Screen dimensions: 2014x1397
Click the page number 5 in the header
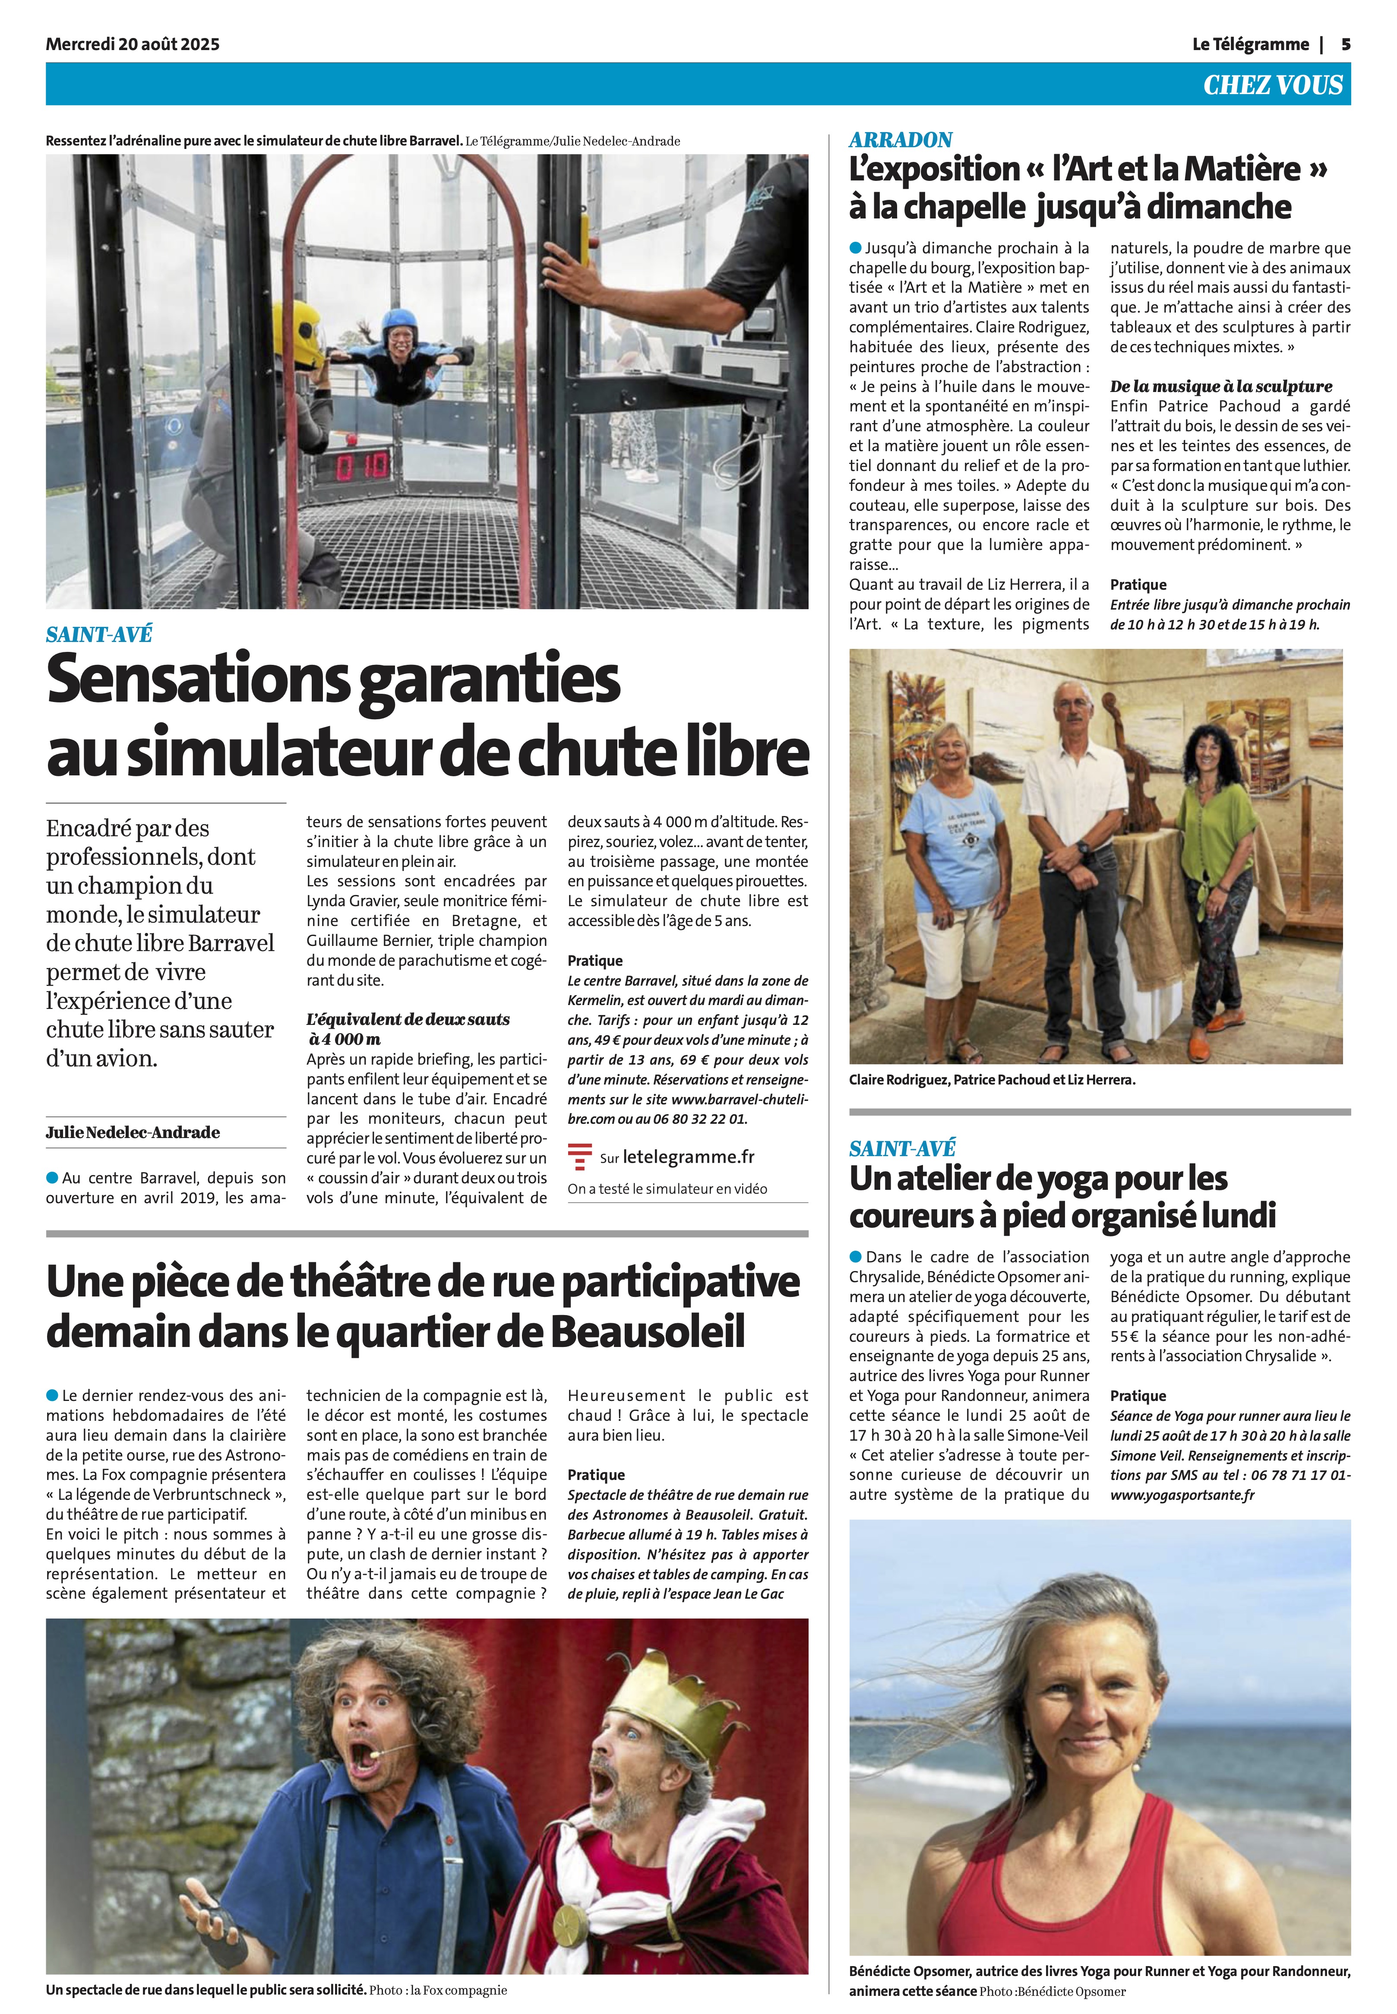(x=1345, y=44)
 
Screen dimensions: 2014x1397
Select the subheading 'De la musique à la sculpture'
(x=1221, y=386)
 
